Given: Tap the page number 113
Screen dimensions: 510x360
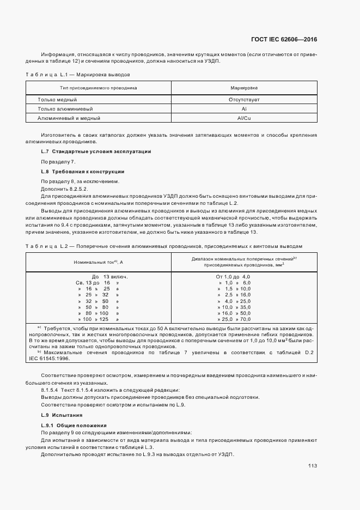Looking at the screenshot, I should [312, 466].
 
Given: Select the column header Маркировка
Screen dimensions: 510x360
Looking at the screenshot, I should [244, 87].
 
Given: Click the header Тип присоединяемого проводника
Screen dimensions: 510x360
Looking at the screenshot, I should [99, 87].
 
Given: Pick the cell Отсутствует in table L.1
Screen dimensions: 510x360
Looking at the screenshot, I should [244, 100].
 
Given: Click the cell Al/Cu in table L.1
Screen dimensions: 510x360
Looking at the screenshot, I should [244, 118].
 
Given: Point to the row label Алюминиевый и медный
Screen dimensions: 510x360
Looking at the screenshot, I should [69, 118].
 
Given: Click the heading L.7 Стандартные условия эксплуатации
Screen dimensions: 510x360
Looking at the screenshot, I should [96, 151].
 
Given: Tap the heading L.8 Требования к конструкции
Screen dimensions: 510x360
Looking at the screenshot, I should [83, 172].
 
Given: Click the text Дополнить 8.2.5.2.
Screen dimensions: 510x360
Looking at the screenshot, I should [60, 188].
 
